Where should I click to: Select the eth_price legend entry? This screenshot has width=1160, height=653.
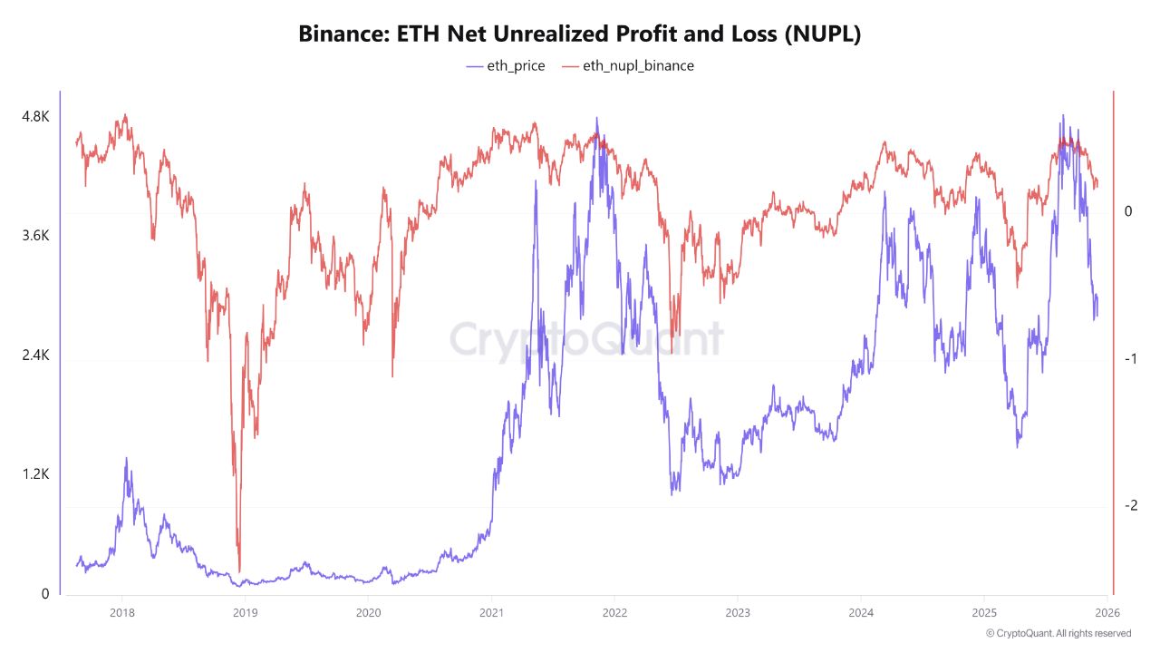pos(506,66)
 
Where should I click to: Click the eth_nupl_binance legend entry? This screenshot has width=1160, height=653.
pos(628,66)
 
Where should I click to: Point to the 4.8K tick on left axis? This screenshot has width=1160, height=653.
pos(35,117)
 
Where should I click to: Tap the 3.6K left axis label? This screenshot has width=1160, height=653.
pos(35,236)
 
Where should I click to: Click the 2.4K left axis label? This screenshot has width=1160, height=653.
pos(35,356)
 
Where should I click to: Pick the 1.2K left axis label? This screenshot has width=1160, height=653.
pos(35,474)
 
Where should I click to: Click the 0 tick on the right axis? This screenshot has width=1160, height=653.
pos(1128,211)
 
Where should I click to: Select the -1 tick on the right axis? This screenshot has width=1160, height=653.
pos(1128,359)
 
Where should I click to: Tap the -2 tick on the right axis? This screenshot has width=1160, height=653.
pos(1128,506)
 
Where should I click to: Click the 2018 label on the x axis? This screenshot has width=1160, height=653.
pos(121,612)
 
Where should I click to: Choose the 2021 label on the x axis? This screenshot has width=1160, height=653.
pos(491,612)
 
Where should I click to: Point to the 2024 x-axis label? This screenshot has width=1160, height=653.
pos(861,612)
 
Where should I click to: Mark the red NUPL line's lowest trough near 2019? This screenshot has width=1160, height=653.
pos(239,570)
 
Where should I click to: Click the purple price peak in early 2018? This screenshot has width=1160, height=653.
pos(126,459)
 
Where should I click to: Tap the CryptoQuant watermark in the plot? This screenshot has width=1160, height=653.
pos(586,340)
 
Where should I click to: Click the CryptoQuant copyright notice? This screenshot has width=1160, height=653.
pos(1058,633)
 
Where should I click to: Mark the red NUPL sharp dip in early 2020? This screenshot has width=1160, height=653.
pos(392,375)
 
